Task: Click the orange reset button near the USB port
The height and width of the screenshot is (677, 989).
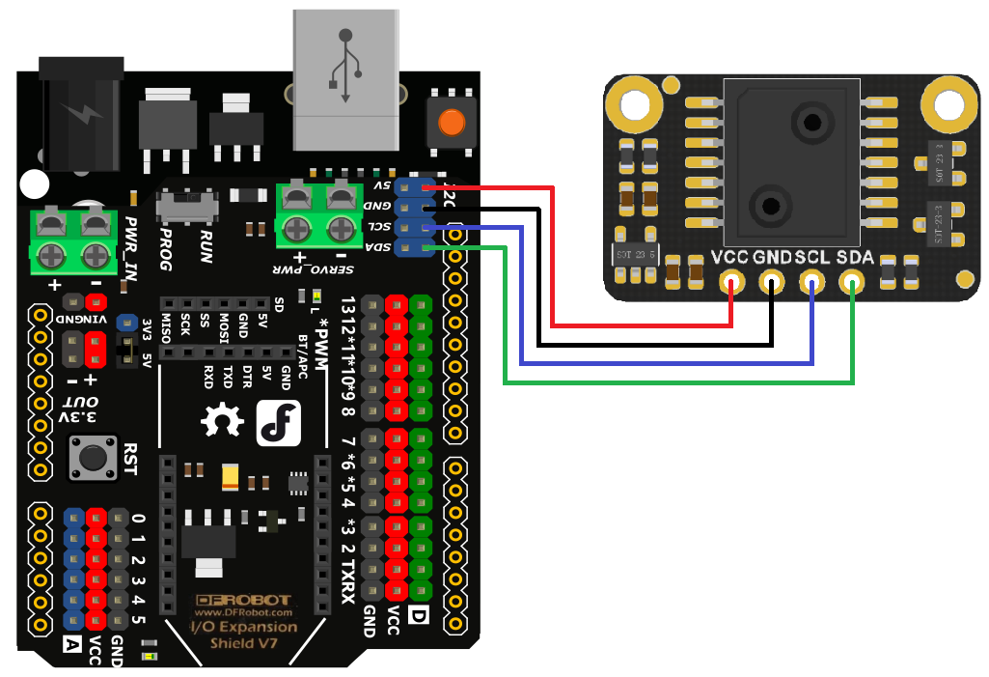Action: (x=451, y=123)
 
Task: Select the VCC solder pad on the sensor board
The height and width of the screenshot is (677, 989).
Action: (x=733, y=283)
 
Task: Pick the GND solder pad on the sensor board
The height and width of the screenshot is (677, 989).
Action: (x=772, y=283)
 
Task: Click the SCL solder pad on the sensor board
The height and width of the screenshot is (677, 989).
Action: (x=812, y=283)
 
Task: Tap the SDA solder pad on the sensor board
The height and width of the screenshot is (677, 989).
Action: (x=852, y=283)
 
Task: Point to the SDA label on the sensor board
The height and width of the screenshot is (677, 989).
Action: (x=855, y=259)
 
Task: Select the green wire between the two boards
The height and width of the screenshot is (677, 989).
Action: (x=675, y=383)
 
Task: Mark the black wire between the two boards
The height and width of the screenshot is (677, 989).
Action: (x=656, y=344)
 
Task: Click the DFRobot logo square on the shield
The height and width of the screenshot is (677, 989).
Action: (x=280, y=422)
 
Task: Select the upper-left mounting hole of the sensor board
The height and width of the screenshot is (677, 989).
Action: (x=634, y=103)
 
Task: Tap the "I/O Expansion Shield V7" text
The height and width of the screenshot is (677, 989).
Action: (x=242, y=635)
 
